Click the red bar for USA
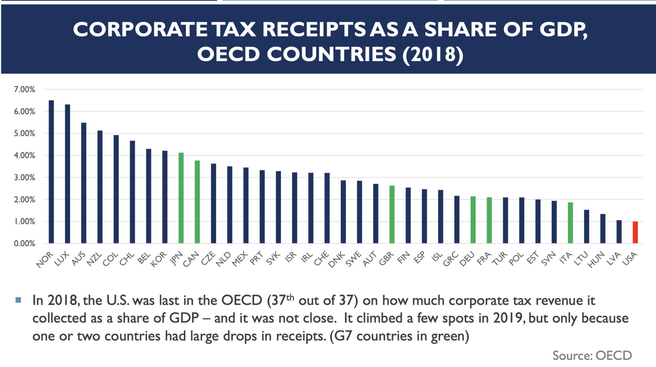635,232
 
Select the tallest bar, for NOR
51,172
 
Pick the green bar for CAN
197,202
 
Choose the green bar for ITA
570,223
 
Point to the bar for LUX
67,174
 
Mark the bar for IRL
311,208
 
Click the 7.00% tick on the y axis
24,90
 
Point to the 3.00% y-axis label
24,178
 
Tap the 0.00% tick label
24,243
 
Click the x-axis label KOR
159,259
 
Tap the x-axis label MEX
240,259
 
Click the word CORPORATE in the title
140,30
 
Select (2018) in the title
433,54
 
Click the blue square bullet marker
18,300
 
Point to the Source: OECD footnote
592,355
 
